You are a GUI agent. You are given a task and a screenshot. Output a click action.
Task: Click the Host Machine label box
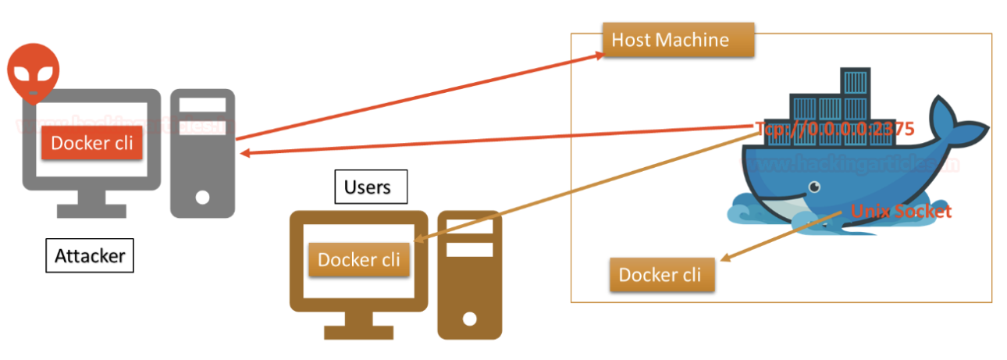tap(678, 40)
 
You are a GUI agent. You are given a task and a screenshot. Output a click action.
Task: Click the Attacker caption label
tap(89, 255)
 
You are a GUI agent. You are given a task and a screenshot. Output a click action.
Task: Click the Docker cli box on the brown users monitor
tap(358, 259)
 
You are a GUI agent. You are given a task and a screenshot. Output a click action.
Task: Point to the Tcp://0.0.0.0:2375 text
tap(834, 130)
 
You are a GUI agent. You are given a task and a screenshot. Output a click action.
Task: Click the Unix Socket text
tap(901, 211)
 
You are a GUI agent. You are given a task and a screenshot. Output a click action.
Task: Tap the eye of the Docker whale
tap(814, 187)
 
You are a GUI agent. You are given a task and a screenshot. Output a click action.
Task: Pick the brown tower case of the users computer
tap(468, 273)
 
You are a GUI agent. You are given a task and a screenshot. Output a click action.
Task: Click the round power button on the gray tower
tap(202, 197)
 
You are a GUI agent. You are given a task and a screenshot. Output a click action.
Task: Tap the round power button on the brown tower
tap(468, 319)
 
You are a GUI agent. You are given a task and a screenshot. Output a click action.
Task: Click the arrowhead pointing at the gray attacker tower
tap(244, 153)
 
